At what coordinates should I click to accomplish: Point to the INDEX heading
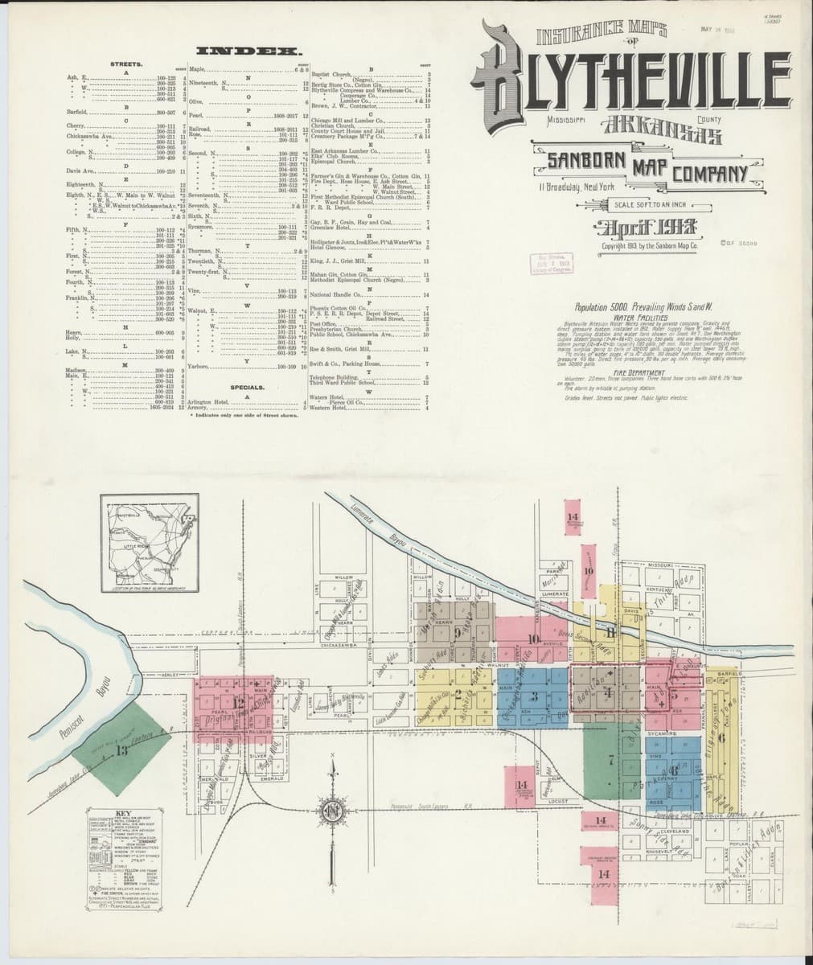248,49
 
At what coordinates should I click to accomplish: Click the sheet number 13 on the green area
121,750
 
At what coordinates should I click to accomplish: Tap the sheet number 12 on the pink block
237,701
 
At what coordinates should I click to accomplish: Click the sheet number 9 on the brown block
457,632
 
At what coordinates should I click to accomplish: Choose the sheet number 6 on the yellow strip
721,737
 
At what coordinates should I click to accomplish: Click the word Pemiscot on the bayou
74,723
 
